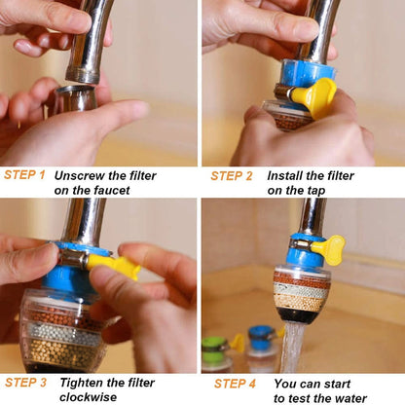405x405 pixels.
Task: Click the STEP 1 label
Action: [24, 175]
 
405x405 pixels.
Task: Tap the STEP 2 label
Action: [232, 176]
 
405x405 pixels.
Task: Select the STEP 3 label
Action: [24, 383]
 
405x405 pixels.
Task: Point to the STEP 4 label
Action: [235, 384]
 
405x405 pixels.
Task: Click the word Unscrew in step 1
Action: [81, 176]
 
